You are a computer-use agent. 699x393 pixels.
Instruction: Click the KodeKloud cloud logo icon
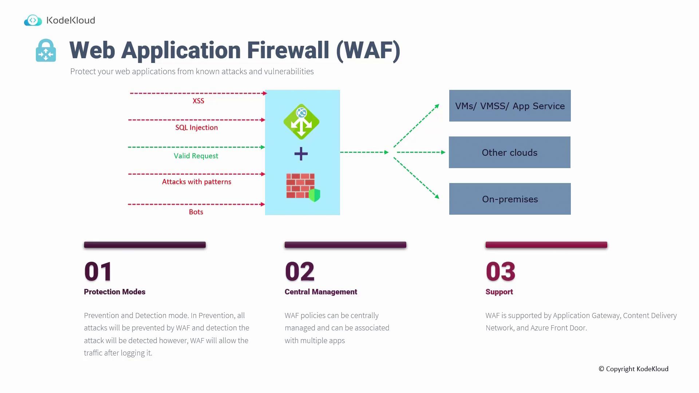[x=33, y=20]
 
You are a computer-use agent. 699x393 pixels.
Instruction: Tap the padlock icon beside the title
[x=46, y=51]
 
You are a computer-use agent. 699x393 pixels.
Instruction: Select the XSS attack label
[x=198, y=101]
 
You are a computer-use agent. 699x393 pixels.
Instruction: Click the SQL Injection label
[x=197, y=128]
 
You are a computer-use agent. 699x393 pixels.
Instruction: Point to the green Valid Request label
[x=196, y=156]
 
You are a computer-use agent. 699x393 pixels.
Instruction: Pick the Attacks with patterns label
[x=197, y=182]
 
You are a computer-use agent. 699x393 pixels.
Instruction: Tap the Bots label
[x=196, y=212]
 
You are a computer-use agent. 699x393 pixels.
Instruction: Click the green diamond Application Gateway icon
[x=301, y=122]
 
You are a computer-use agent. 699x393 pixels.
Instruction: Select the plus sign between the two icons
[x=301, y=154]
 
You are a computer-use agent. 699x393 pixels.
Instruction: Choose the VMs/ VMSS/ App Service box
[x=510, y=106]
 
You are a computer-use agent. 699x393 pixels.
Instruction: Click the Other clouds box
[x=509, y=152]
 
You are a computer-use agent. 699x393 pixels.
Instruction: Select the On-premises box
[x=510, y=199]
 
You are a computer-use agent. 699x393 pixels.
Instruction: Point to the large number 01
[x=98, y=272]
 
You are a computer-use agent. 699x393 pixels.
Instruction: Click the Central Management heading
[x=321, y=292]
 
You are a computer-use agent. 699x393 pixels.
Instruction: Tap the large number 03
[x=501, y=272]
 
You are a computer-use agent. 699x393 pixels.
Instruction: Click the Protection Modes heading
[x=115, y=292]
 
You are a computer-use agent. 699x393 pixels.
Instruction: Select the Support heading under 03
[x=499, y=292]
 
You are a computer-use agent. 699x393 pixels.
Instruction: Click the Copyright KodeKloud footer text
[x=633, y=369]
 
